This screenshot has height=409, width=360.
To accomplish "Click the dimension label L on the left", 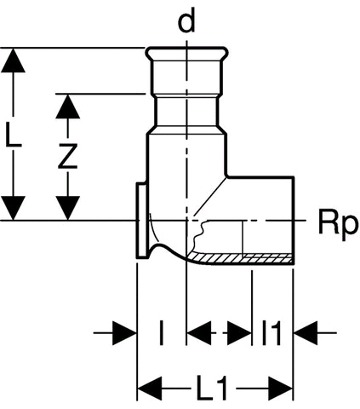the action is coord(13,136).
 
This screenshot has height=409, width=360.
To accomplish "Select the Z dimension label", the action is coord(68,156).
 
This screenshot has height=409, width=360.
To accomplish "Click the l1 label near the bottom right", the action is coord(271,333).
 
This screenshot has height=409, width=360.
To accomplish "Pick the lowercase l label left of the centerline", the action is coord(161,333).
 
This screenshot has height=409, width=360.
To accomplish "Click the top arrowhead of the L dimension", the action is coord(13,60).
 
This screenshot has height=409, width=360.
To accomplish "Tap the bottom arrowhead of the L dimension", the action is coord(13,208).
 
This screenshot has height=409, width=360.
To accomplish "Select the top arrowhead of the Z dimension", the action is coord(67,106).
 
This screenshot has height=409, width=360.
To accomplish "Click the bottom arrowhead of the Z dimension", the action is coord(67,208).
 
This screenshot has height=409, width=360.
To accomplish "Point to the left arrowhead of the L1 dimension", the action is coord(150,388).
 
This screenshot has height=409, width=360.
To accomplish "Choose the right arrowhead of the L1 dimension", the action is coord(280,388).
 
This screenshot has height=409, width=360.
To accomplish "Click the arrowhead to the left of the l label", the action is coord(125,333).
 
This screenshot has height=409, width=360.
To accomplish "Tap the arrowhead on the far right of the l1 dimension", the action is coord(306,333).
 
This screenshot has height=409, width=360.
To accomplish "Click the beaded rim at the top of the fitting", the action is coord(187,53).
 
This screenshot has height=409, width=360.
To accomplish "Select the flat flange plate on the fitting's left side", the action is coord(141,221).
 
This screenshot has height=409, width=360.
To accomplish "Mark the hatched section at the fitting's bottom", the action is coord(241,258).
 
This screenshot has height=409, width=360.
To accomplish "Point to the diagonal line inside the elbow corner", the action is coord(210,196).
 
